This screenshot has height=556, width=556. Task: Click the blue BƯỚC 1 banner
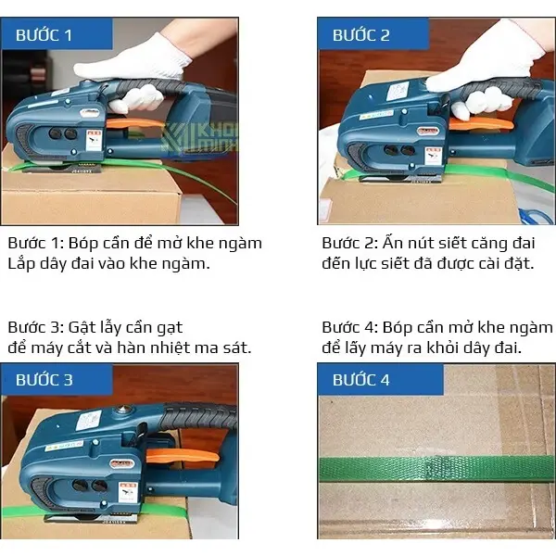coord(57,33)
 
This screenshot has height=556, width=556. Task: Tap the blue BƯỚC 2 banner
coord(373,33)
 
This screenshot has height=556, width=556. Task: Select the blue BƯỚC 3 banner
coord(57,379)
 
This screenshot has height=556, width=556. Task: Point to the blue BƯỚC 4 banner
coord(381,379)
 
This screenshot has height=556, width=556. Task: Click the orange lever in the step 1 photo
coord(134,123)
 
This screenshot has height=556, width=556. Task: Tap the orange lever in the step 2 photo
coord(481,124)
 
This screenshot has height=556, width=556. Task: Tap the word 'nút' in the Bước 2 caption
coord(421,244)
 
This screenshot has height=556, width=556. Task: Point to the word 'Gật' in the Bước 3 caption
coord(80,328)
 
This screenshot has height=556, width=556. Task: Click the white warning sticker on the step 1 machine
coord(94,140)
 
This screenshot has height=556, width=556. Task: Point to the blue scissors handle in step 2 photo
coord(536,215)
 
